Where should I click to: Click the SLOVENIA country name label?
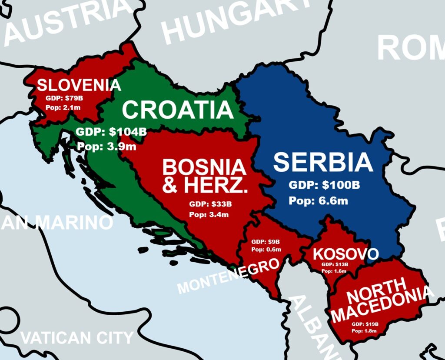(79, 85)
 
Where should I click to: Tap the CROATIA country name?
(178, 110)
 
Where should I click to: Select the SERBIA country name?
(323, 162)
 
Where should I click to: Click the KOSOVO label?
(346, 254)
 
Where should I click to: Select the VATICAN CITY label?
(76, 337)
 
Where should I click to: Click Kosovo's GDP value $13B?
(341, 264)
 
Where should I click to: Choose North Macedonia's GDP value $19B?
(371, 324)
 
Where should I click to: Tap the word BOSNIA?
(204, 168)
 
